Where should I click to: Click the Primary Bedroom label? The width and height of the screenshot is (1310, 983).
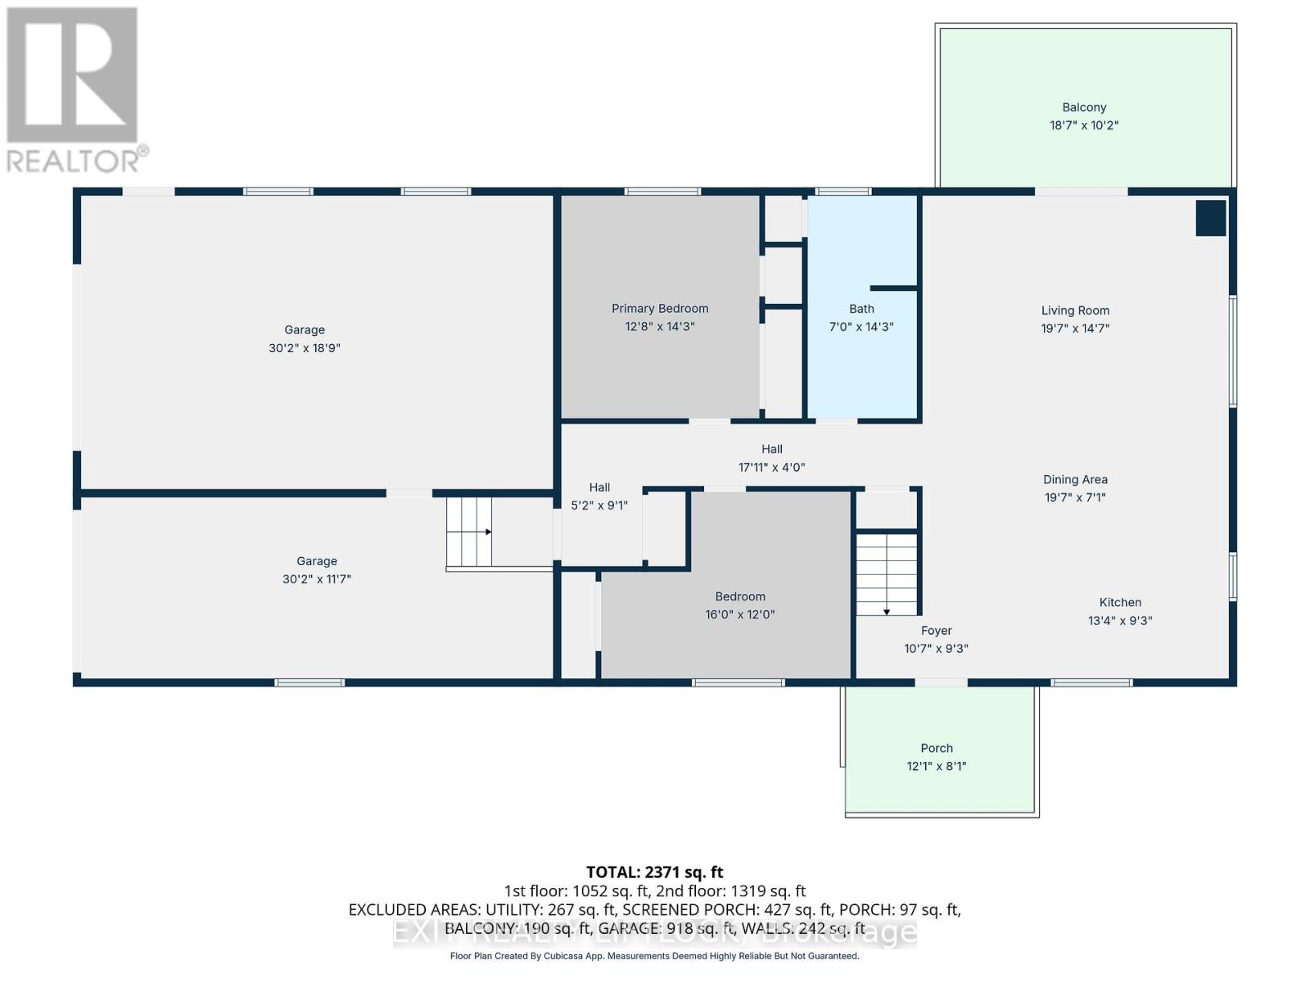(x=660, y=309)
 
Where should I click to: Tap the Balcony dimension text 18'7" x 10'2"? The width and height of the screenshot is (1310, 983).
(x=1084, y=125)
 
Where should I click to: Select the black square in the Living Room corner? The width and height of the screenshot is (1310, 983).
(x=1211, y=218)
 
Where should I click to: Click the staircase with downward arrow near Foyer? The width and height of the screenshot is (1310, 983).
(x=887, y=573)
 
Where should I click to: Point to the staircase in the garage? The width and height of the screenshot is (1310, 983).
(x=469, y=532)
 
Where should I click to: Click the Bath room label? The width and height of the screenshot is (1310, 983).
(x=861, y=309)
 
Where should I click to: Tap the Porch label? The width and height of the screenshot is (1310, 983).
(x=937, y=748)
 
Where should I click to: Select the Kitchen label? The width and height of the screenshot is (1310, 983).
(x=1120, y=602)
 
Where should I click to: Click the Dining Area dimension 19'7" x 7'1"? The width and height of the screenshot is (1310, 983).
(x=1075, y=497)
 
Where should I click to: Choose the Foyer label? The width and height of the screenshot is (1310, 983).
(x=936, y=631)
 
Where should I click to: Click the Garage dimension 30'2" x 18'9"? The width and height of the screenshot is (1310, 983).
(x=305, y=348)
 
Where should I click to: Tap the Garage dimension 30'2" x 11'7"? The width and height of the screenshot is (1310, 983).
(x=317, y=579)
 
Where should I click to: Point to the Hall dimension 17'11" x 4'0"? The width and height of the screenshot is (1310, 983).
(x=771, y=468)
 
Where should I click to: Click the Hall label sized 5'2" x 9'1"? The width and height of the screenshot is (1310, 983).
(x=599, y=487)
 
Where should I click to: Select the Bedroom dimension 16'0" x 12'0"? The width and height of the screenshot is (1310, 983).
(x=740, y=614)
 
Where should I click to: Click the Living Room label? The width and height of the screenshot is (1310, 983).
(x=1075, y=310)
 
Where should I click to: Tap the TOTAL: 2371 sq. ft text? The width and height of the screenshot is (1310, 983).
(x=654, y=872)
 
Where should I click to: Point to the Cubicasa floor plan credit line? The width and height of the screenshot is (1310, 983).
(x=654, y=956)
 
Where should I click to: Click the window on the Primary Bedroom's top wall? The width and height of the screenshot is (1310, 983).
(x=662, y=192)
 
